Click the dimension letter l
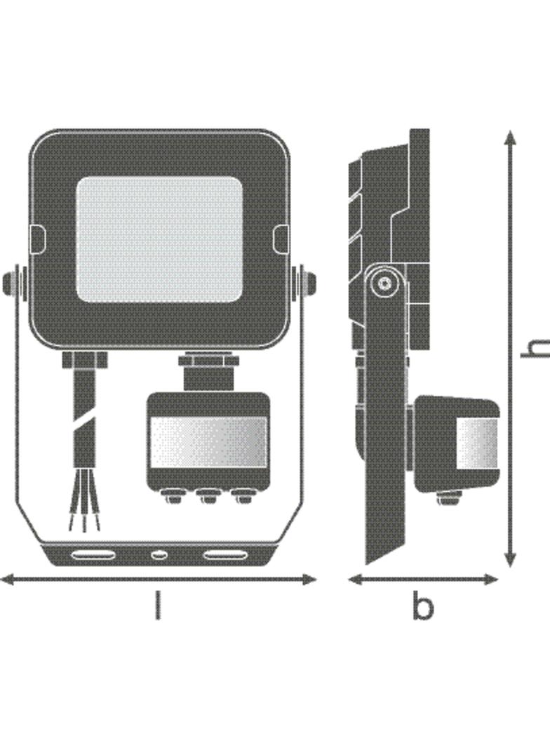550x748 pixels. (x=159, y=605)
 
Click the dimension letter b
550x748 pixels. (x=422, y=606)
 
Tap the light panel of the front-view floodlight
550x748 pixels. (x=159, y=239)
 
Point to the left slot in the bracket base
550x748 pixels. (x=93, y=555)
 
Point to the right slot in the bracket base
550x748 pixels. (x=226, y=555)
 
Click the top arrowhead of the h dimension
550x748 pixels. (x=511, y=137)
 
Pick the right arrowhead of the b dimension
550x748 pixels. (x=491, y=580)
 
